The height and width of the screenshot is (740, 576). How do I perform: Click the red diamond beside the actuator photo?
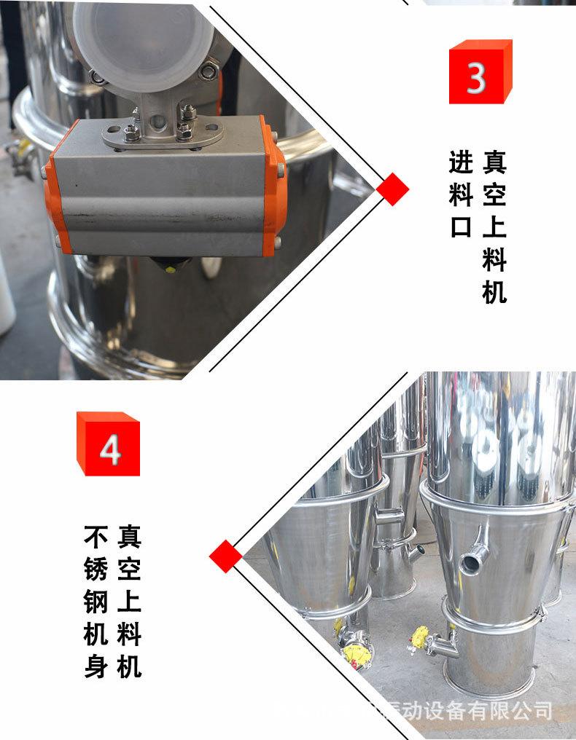point(393,189)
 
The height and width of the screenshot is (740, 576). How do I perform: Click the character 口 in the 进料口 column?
point(460,227)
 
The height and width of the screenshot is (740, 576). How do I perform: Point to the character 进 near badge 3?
point(460,161)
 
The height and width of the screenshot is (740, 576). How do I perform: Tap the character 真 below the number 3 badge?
point(494,161)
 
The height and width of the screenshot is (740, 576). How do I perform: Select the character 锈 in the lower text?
point(96,570)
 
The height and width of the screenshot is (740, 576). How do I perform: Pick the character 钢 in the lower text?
point(96,602)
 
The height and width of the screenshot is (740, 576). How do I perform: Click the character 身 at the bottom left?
point(96,666)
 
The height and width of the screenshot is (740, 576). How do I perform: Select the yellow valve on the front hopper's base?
point(421,637)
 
